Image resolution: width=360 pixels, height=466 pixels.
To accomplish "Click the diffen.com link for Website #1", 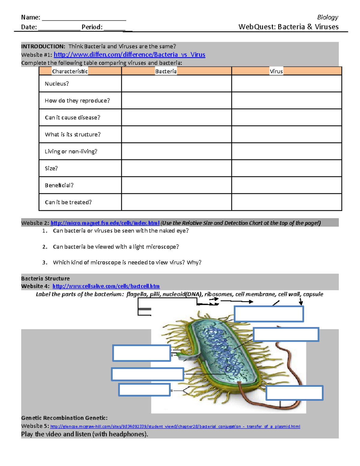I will click(x=129, y=55).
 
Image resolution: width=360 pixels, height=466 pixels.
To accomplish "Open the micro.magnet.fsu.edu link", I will click(x=105, y=223).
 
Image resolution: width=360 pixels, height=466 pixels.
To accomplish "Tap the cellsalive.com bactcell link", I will click(x=106, y=286).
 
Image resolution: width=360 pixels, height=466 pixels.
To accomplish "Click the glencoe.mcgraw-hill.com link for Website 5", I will click(x=175, y=426).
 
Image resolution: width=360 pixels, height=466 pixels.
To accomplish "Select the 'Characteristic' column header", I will click(x=70, y=71).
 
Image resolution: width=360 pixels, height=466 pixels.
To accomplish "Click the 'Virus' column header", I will click(x=276, y=71).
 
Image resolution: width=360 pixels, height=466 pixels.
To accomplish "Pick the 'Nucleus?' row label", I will click(x=57, y=84).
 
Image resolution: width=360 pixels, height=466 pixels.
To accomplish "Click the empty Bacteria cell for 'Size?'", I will click(x=176, y=168).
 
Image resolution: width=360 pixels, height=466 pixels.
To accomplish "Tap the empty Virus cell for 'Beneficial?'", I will click(x=286, y=185).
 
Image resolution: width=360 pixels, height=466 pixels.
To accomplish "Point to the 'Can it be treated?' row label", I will click(x=68, y=202).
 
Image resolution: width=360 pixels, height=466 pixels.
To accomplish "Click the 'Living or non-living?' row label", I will click(x=71, y=152).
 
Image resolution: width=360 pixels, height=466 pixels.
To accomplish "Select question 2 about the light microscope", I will click(x=116, y=247).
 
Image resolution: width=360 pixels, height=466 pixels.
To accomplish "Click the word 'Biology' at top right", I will click(x=328, y=17).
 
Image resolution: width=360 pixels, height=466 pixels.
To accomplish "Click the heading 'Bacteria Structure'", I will click(x=45, y=278).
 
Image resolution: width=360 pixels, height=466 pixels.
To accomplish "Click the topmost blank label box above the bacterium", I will click(x=269, y=314).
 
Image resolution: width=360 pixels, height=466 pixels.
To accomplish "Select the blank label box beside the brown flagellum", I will click(x=294, y=393).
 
